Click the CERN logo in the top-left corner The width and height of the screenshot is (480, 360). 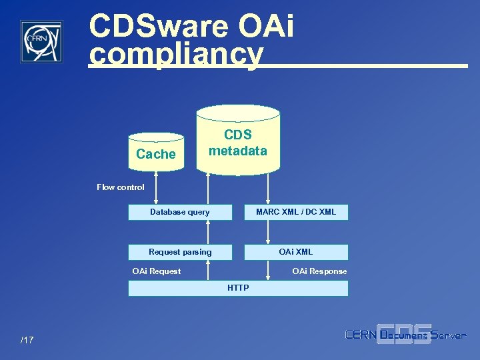pyautogui.click(x=41, y=41)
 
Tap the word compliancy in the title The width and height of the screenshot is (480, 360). pyautogui.click(x=176, y=55)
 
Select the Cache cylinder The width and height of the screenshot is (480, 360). pyautogui.click(x=156, y=153)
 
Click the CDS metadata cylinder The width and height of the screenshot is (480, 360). pyautogui.click(x=238, y=142)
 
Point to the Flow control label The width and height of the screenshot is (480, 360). pyautogui.click(x=120, y=187)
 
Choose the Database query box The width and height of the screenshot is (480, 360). pyautogui.click(x=180, y=213)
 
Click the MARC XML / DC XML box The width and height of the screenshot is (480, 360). pyautogui.click(x=296, y=213)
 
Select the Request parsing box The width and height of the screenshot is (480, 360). pyautogui.click(x=180, y=252)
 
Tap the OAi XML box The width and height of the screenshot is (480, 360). pyautogui.click(x=296, y=252)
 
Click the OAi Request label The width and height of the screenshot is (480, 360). pyautogui.click(x=157, y=271)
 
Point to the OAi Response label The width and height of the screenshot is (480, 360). pyautogui.click(x=319, y=271)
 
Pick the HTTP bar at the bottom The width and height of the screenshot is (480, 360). pyautogui.click(x=238, y=288)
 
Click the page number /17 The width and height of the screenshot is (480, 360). pyautogui.click(x=27, y=341)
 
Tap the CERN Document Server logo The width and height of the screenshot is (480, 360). pyautogui.click(x=405, y=335)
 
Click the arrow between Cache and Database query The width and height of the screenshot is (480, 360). pyautogui.click(x=156, y=188)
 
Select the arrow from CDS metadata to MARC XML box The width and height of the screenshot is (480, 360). pyautogui.click(x=268, y=189)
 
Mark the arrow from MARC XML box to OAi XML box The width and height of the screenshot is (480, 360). pyautogui.click(x=268, y=232)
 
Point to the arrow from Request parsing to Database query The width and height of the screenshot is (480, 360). pyautogui.click(x=209, y=232)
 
